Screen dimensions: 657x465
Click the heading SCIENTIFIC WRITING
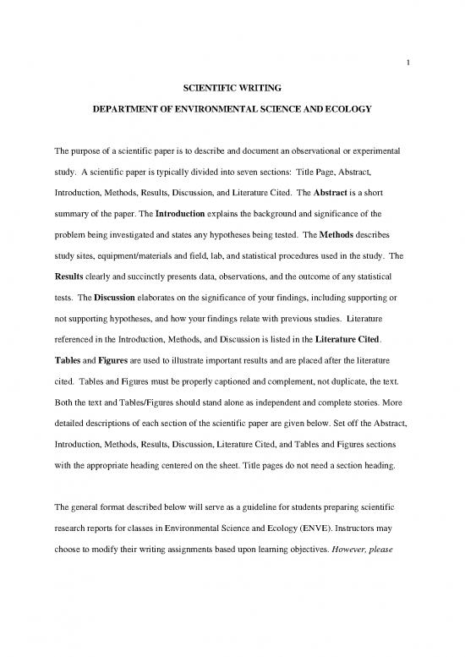232,86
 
